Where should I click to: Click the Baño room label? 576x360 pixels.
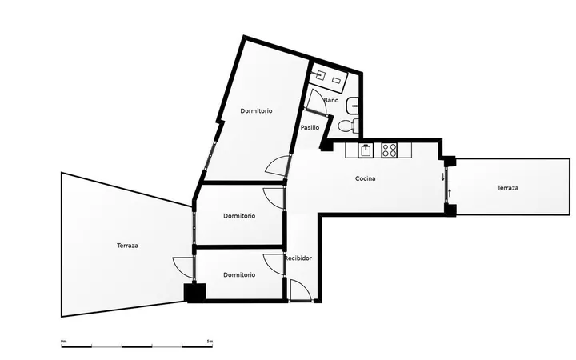tap(331, 100)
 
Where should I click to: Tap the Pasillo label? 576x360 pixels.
tap(310, 127)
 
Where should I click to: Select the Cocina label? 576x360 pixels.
tap(366, 178)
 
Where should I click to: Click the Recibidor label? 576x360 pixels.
tap(298, 258)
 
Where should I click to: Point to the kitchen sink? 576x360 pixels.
tap(366, 150)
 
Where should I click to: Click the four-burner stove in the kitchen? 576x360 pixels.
tap(390, 150)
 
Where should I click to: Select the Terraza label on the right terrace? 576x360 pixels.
tap(508, 188)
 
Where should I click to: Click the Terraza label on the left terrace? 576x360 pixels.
tap(127, 246)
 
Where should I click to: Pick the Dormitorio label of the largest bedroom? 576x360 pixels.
tap(257, 111)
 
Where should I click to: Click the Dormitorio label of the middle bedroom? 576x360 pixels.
tap(239, 216)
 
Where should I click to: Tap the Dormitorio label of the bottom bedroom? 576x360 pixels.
tap(239, 274)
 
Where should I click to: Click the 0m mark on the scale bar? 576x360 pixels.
tap(63, 342)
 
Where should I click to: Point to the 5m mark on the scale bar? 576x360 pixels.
tap(210, 342)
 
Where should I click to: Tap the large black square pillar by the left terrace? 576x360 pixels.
tap(194, 293)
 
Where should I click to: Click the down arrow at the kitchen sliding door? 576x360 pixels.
tap(442, 177)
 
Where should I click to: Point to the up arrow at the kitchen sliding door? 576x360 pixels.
tap(450, 193)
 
